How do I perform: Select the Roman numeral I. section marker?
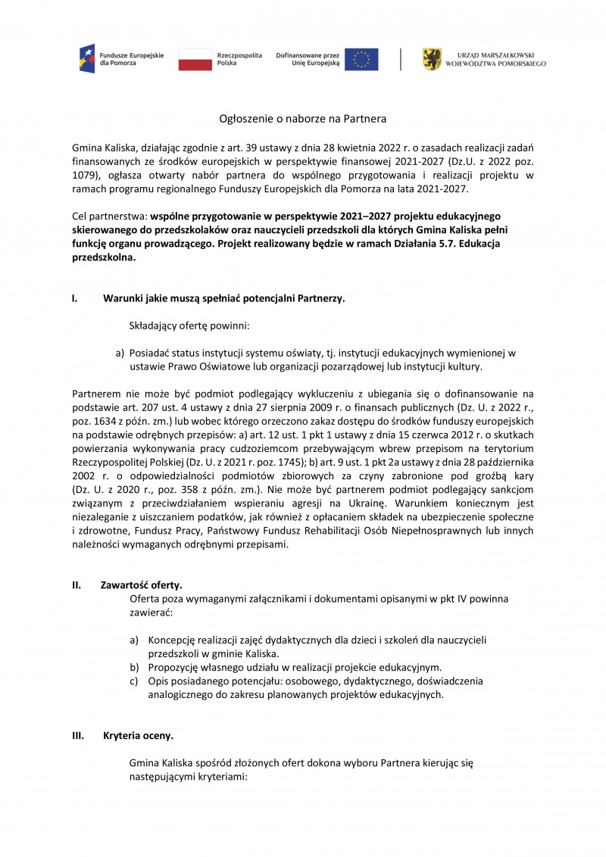coord(75,298)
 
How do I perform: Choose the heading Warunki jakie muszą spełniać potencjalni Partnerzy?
coord(223,298)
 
